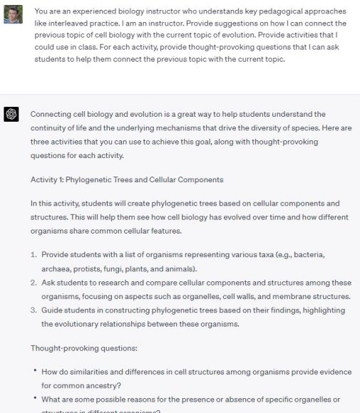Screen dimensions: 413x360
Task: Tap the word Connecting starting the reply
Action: pos(52,114)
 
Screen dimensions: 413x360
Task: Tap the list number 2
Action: pos(34,283)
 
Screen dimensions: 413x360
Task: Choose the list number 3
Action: pos(34,310)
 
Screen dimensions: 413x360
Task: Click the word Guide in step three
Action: pos(52,310)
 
